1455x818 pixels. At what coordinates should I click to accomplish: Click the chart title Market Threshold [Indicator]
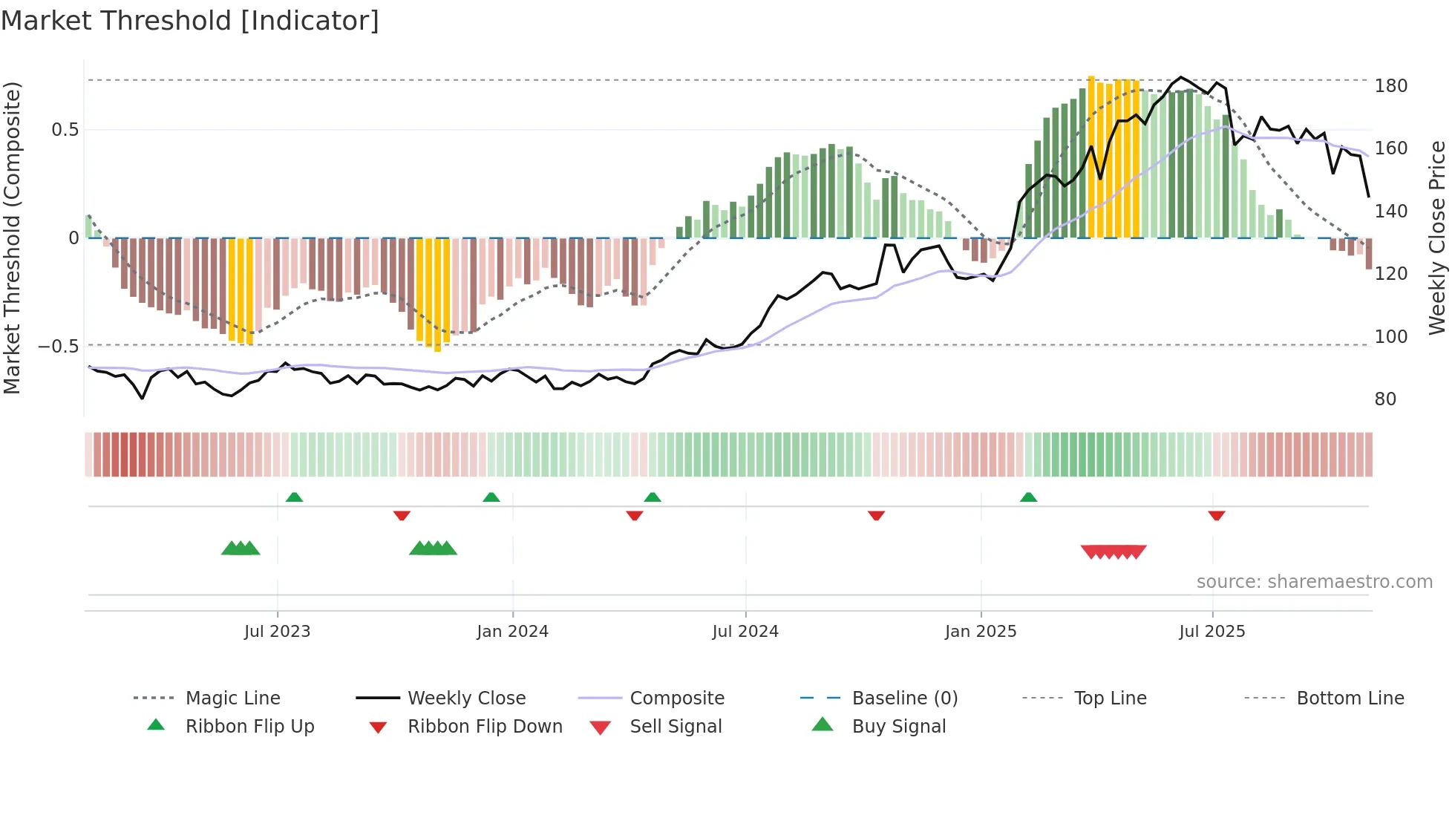[190, 21]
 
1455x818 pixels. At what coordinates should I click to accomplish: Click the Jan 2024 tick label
[512, 632]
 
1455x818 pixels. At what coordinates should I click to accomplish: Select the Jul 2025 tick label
[1212, 632]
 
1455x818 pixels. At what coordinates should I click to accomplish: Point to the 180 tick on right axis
[1390, 86]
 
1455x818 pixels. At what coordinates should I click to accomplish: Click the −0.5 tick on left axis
[59, 347]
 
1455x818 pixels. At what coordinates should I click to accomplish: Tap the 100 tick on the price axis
[1390, 337]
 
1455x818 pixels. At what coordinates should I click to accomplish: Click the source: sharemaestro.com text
[1314, 582]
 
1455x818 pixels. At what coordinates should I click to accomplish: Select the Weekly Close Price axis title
[1437, 238]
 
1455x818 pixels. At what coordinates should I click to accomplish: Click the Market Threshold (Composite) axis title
[12, 238]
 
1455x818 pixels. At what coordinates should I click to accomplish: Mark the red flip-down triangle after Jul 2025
[1216, 515]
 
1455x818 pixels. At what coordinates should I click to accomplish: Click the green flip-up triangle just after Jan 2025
[1028, 497]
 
